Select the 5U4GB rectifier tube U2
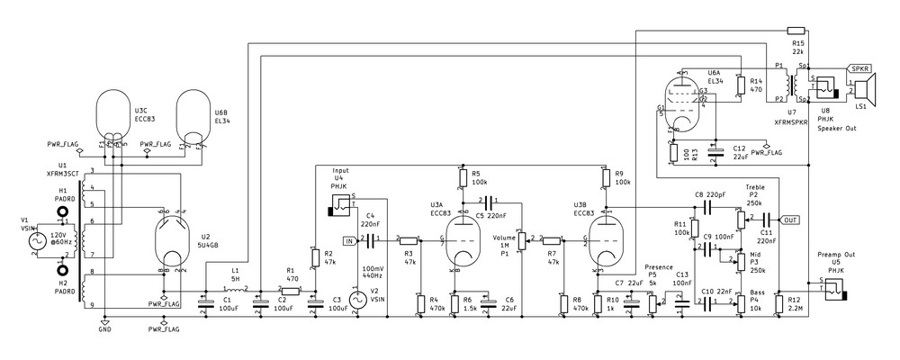(172, 238)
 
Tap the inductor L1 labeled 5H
(235, 289)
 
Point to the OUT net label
(790, 220)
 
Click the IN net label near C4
(349, 240)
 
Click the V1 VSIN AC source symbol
(39, 241)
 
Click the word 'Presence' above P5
(659, 266)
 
